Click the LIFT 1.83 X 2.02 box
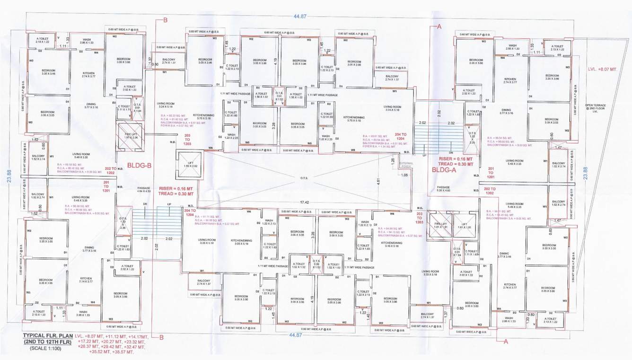coord(187,163)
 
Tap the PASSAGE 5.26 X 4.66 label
coord(443,188)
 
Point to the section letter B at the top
coord(165,20)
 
